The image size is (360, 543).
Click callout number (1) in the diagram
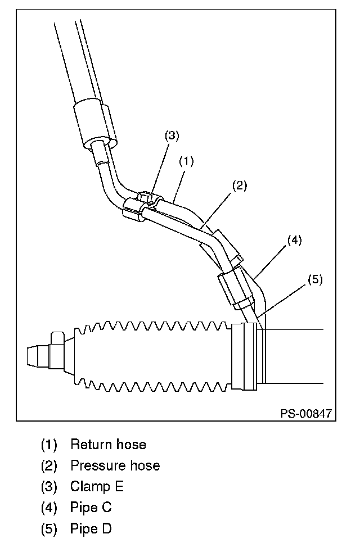coord(186,161)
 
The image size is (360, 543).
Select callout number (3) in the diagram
coord(172,136)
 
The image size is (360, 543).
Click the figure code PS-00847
coord(306,414)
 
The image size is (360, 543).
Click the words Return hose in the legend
coord(108,445)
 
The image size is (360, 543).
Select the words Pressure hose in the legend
coord(115,465)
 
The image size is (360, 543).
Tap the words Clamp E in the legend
coord(97,486)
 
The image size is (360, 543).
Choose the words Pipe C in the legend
coord(91,508)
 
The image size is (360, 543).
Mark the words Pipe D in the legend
coord(91,529)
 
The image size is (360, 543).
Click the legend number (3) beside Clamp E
coord(49,487)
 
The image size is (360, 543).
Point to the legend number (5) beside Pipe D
coord(49,530)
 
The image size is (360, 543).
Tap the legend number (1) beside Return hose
coord(49,445)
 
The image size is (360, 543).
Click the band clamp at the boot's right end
coord(246,355)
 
